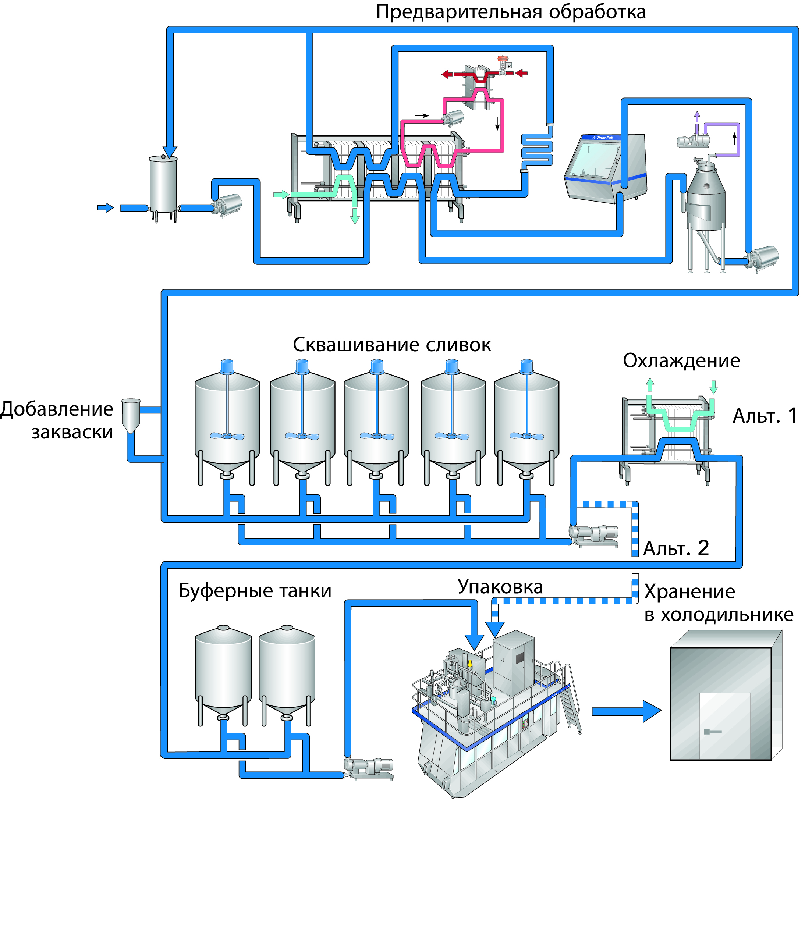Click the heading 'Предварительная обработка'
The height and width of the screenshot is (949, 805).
coord(511,12)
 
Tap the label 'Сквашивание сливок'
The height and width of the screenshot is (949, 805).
coord(391,345)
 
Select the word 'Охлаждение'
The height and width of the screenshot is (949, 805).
coord(681,361)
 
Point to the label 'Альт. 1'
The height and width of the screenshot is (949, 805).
coord(765,416)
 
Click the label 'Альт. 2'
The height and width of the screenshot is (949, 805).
coord(676,548)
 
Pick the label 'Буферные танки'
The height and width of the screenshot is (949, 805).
coord(255,591)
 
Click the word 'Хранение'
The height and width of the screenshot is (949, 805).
coord(689,592)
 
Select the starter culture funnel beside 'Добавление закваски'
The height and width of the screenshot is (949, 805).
coord(131,415)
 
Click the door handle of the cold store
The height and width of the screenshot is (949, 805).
coord(712,732)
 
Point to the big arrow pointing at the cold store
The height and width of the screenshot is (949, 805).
coord(626,711)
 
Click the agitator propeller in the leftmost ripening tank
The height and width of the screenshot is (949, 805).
coord(227,436)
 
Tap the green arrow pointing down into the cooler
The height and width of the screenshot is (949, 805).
coord(714,387)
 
